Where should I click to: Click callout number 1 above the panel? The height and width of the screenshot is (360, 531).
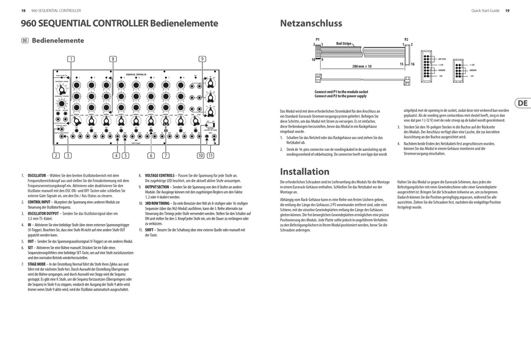click(x=71, y=59)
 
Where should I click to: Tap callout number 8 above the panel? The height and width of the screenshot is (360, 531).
click(x=113, y=59)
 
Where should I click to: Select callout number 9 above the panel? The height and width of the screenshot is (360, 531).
click(x=202, y=59)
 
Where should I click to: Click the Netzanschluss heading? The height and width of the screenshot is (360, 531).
click(x=310, y=23)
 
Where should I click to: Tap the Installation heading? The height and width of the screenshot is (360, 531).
click(x=304, y=172)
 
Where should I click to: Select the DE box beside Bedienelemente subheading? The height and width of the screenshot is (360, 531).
click(x=25, y=41)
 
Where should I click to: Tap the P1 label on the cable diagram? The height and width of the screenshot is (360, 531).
click(x=317, y=39)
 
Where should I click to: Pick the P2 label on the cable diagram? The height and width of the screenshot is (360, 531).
click(x=406, y=39)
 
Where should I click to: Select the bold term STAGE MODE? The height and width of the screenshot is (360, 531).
click(x=37, y=263)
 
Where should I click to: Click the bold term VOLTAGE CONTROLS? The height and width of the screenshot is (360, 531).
click(x=160, y=175)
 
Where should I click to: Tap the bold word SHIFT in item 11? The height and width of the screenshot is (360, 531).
click(x=149, y=229)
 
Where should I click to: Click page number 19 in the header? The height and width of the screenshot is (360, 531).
click(x=507, y=10)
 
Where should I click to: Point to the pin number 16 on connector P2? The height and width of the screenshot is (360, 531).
click(x=413, y=64)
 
